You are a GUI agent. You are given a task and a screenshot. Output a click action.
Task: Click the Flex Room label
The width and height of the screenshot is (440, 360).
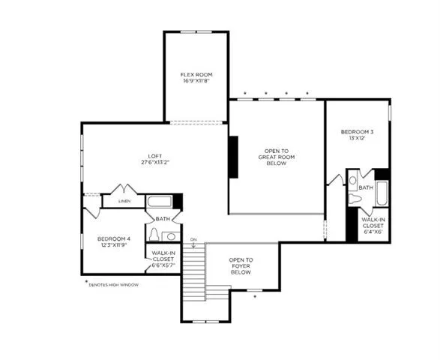pos(196,75)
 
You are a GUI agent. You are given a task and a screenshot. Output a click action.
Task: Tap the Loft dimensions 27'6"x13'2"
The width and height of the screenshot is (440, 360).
pos(155,162)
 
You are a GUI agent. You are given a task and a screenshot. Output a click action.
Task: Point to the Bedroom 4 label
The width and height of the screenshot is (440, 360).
pos(114,238)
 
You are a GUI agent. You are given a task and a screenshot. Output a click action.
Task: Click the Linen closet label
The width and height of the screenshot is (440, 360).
pos(124,201)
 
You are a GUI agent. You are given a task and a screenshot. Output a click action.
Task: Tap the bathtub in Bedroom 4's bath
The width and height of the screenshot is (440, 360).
pos(160,202)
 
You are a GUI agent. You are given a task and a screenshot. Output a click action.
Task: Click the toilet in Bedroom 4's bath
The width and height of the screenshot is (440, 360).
pos(154,235)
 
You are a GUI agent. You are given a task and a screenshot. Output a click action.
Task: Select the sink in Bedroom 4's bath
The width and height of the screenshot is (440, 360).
pos(171,236)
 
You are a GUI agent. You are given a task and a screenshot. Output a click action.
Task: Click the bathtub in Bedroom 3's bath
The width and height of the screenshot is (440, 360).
pos(382,193)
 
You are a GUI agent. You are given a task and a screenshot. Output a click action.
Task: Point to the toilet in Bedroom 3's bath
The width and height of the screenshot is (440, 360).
pos(355,199)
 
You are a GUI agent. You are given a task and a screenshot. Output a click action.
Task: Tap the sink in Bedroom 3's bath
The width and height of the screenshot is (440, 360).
pos(353,180)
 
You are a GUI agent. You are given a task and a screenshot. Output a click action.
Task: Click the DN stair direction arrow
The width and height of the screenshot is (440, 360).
pos(193,244)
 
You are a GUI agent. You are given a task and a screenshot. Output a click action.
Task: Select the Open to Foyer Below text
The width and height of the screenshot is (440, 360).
pos(241,266)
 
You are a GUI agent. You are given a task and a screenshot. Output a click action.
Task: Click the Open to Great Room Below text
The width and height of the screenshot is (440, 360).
pos(277,157)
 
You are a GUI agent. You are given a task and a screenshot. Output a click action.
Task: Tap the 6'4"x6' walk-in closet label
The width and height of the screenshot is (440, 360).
pos(373,226)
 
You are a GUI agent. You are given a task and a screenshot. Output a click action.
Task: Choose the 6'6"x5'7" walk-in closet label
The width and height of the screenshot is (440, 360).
pos(163,259)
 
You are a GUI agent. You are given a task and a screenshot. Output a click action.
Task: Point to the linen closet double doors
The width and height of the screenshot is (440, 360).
pos(124,189)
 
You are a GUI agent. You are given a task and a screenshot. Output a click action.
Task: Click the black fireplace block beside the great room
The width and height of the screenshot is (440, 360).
pos(233,157)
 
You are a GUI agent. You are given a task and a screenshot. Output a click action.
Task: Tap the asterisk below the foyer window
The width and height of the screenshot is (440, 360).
pos(255,296)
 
